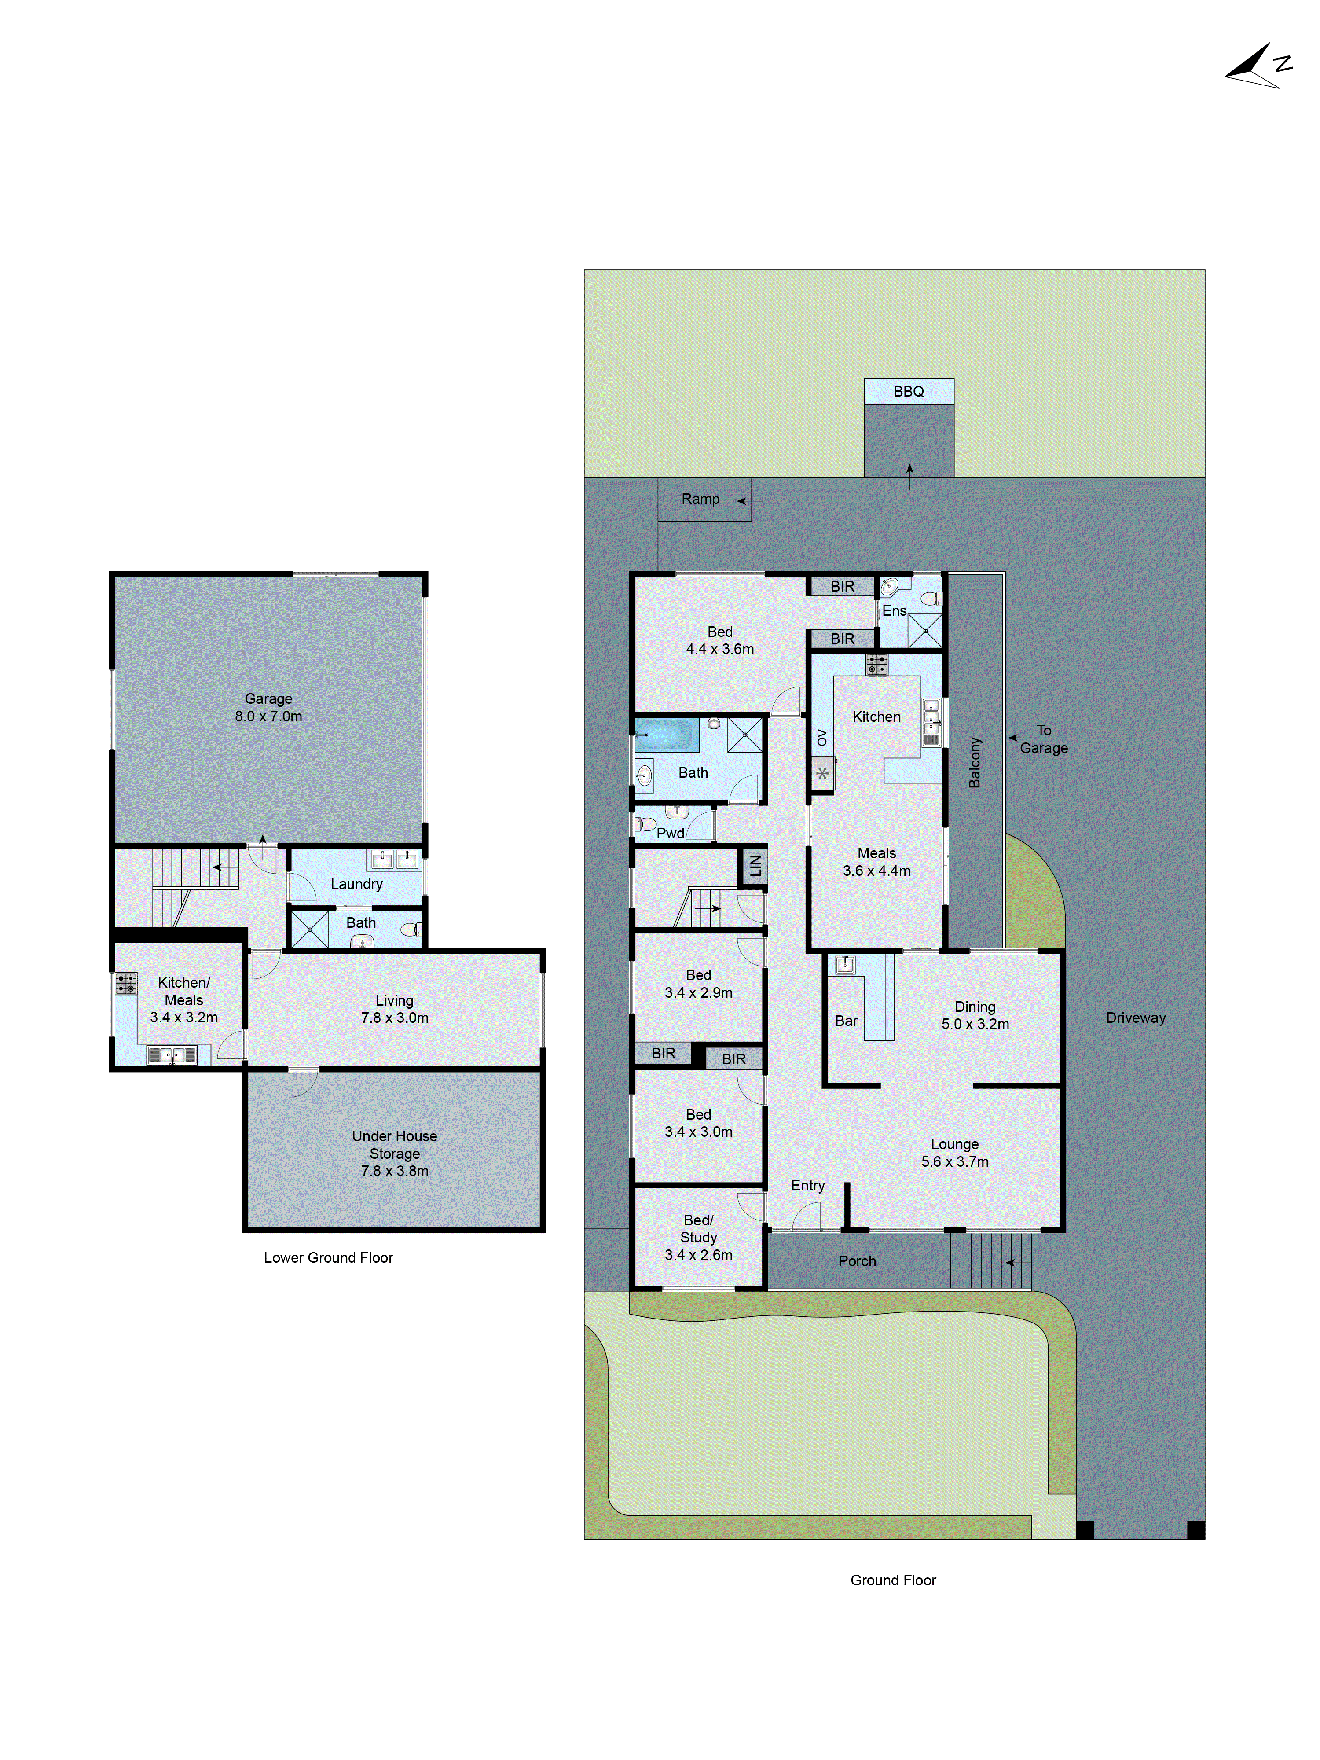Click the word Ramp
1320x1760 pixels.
point(700,499)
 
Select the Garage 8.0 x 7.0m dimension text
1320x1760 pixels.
point(268,716)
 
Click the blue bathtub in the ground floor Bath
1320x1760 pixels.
point(667,735)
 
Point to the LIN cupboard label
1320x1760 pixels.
point(754,865)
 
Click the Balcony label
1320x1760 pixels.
point(975,762)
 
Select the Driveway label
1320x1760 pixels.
point(1135,1018)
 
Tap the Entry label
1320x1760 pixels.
point(807,1186)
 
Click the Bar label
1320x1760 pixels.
point(846,1021)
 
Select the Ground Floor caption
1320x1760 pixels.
point(893,1580)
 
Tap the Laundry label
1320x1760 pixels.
point(356,884)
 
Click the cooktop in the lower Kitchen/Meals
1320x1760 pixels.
point(127,984)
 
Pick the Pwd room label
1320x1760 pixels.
point(670,833)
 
